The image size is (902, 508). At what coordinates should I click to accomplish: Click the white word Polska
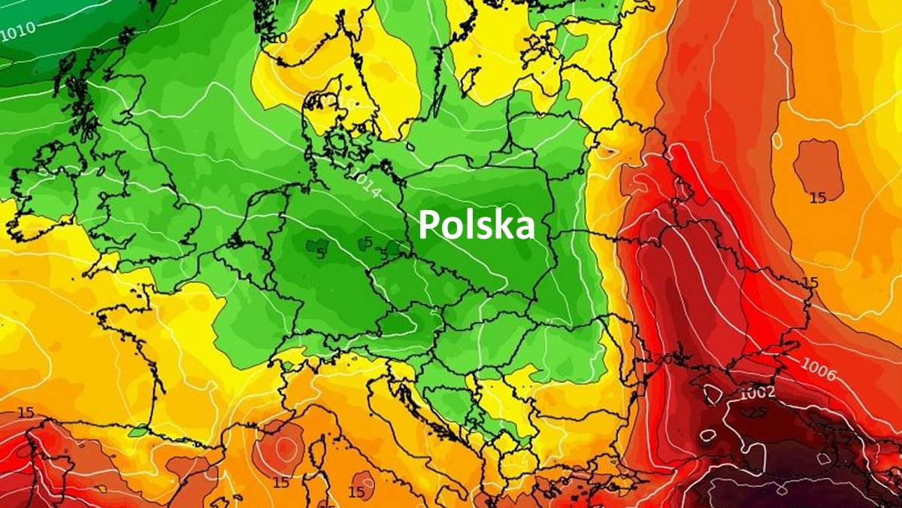tap(477, 224)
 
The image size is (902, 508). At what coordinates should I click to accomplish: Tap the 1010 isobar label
tap(17, 31)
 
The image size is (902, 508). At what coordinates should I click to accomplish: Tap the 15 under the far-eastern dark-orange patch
tap(818, 197)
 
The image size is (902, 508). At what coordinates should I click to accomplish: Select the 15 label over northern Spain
tap(26, 412)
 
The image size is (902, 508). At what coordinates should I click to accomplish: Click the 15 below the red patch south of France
tap(281, 482)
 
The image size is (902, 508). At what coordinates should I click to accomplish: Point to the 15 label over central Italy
tap(357, 491)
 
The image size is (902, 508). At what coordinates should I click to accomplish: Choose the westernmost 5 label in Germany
tap(321, 254)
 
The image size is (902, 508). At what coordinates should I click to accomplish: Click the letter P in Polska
tap(428, 224)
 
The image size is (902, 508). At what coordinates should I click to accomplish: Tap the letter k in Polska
tap(505, 224)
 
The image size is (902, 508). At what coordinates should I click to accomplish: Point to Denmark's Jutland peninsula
tap(314, 120)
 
